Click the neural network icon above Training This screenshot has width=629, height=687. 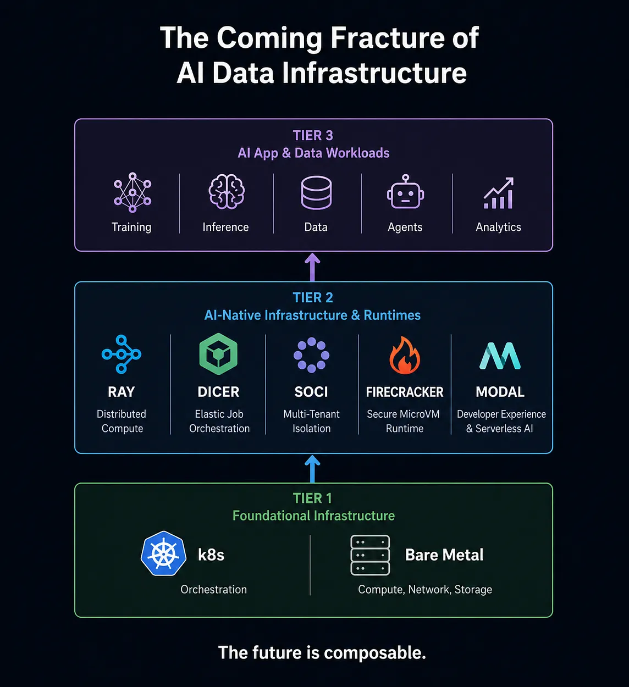point(133,192)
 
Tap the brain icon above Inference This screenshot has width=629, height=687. point(226,191)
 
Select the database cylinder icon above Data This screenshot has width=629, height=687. point(316,193)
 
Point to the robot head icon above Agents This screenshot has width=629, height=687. point(405,192)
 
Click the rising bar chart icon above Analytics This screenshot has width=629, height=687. point(499,193)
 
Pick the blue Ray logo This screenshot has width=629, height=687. point(122,354)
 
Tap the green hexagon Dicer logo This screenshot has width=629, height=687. point(218,354)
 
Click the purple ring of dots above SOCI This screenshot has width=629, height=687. point(311,355)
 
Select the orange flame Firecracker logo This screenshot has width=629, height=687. point(405,355)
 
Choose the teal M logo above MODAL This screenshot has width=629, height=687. point(500,356)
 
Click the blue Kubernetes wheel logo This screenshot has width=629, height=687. point(163,553)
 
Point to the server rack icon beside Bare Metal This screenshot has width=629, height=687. point(370,555)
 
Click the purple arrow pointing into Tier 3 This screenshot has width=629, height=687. point(312,267)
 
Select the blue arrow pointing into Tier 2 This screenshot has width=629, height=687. point(312,469)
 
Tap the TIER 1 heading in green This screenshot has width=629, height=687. point(313,498)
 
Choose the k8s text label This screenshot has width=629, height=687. point(211,555)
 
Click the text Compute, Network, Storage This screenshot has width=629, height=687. point(425,589)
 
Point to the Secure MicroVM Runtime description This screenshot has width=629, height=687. point(404,421)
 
